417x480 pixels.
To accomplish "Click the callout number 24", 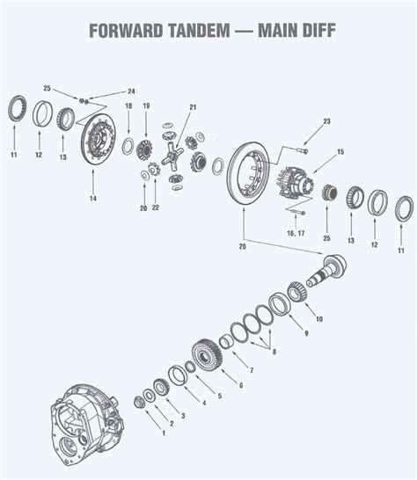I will coord(131,91).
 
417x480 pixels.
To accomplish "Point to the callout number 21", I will coord(192,107).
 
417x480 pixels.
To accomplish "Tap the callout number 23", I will coord(326,121).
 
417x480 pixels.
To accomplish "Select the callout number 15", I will coord(340,153).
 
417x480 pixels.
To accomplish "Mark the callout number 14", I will coord(92,199).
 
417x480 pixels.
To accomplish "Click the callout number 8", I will coord(274,352).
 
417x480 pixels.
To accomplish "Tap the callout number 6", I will coord(238,384).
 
